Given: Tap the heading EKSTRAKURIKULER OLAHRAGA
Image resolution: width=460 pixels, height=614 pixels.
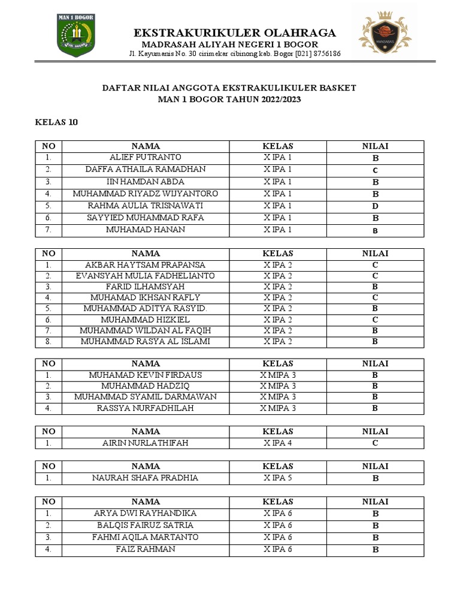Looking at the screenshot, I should pyautogui.click(x=235, y=33).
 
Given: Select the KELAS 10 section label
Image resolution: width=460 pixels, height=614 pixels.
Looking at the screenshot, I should pyautogui.click(x=56, y=122).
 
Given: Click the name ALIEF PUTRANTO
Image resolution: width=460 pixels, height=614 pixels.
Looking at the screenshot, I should pyautogui.click(x=146, y=158).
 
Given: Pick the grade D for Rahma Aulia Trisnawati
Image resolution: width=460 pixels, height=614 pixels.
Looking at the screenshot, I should pyautogui.click(x=375, y=206).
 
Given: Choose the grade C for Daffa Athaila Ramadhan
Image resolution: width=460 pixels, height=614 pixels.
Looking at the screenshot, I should pyautogui.click(x=375, y=170).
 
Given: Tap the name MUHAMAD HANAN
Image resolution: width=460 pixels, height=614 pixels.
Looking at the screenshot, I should pyautogui.click(x=146, y=230).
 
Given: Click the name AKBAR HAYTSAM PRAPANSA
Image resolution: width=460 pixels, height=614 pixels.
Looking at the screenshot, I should pyautogui.click(x=146, y=265).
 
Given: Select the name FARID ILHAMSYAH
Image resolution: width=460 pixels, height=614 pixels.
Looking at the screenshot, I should pyautogui.click(x=146, y=287).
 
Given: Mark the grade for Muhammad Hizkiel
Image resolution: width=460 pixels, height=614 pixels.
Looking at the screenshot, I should pyautogui.click(x=375, y=320).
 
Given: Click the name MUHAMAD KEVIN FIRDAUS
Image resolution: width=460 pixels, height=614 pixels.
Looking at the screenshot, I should pyautogui.click(x=146, y=375).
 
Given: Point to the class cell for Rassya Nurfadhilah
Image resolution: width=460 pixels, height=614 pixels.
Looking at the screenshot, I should pyautogui.click(x=278, y=408).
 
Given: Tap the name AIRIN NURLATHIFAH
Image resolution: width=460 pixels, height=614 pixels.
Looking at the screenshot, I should pyautogui.click(x=146, y=443).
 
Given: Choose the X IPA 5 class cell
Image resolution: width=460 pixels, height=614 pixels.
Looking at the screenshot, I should pyautogui.click(x=278, y=478).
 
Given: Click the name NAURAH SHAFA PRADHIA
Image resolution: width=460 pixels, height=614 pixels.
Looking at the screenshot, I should pyautogui.click(x=146, y=478).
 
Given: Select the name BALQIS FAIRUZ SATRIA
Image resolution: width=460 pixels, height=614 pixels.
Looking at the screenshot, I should pyautogui.click(x=146, y=525).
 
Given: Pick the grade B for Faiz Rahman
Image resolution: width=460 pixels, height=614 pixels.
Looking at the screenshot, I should pyautogui.click(x=375, y=550).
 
